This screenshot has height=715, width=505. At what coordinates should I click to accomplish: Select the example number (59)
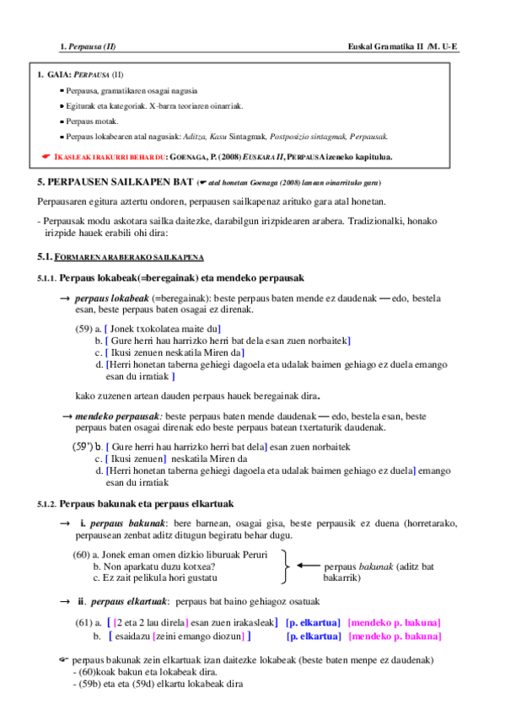[83, 329]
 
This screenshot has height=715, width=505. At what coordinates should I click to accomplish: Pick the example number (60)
[82, 555]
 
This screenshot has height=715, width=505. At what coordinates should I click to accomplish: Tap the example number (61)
[83, 622]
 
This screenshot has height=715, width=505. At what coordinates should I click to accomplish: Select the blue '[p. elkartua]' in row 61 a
[313, 622]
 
